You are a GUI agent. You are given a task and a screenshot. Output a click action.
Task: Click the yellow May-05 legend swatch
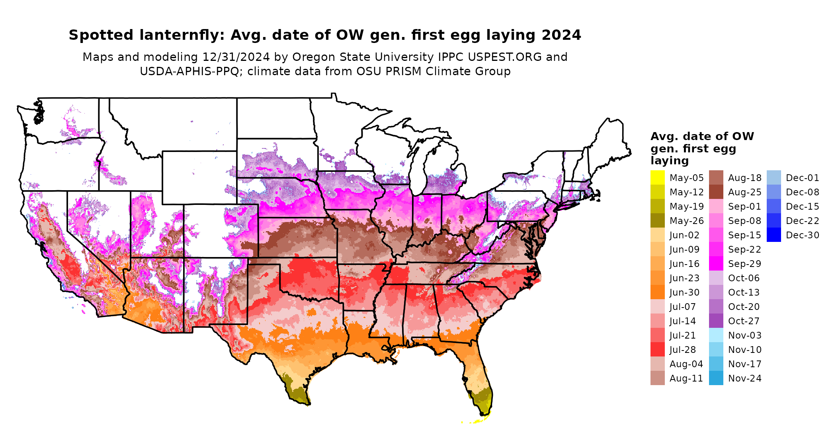click(x=657, y=177)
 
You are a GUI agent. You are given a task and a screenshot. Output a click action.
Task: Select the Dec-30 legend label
click(x=802, y=235)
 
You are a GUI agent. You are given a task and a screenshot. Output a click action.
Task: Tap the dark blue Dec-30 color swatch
click(x=773, y=235)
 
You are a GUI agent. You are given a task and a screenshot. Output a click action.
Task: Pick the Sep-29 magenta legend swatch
click(x=716, y=263)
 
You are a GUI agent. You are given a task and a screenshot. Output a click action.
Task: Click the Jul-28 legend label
click(x=682, y=350)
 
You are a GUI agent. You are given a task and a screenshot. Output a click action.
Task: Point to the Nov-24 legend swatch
click(x=716, y=378)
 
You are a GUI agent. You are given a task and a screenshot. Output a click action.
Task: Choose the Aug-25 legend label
click(x=744, y=192)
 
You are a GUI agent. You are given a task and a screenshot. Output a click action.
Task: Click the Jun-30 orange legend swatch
click(x=657, y=292)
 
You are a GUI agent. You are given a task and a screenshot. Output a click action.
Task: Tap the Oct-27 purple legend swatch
click(x=716, y=321)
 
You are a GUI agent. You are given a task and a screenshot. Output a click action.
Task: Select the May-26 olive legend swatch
click(x=657, y=220)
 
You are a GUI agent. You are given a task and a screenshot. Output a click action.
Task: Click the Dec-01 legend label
click(x=802, y=178)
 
